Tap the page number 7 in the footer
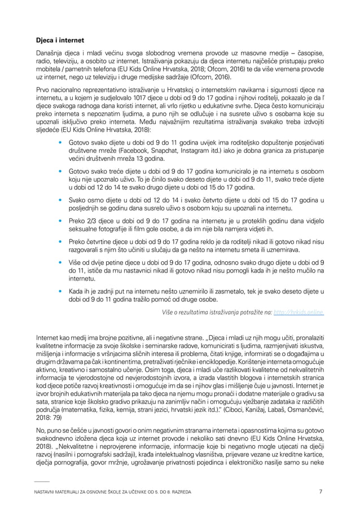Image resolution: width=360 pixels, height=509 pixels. coord(321,491)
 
